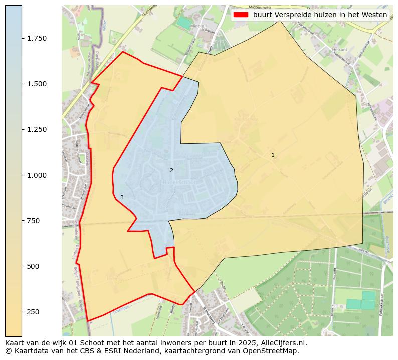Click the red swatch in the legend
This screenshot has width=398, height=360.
point(241,15)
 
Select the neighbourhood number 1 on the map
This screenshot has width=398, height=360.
point(273,155)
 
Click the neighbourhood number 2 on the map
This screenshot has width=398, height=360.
point(171,171)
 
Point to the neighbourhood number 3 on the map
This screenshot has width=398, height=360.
point(122,198)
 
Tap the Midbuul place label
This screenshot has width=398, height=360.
point(198,25)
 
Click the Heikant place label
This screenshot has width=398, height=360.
point(339,50)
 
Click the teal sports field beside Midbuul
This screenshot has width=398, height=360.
point(184,23)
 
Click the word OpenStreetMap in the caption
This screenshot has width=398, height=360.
point(274,351)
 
